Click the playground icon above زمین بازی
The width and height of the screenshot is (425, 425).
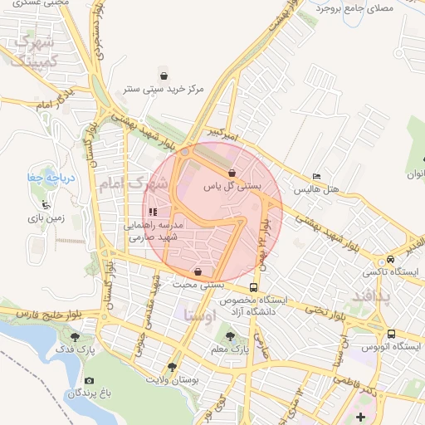pyautogui.click(x=45, y=205)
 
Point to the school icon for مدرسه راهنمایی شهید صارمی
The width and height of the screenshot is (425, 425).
pyautogui.click(x=152, y=212)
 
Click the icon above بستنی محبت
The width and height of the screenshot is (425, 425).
pyautogui.click(x=197, y=271)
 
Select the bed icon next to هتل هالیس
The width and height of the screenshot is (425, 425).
pyautogui.click(x=315, y=177)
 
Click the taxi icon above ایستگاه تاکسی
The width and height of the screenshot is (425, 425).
pyautogui.click(x=391, y=259)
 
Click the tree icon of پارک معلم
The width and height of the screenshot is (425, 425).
pyautogui.click(x=230, y=336)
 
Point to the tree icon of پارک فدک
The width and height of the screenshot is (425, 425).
pyautogui.click(x=76, y=338)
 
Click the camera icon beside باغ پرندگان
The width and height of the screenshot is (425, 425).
pyautogui.click(x=89, y=380)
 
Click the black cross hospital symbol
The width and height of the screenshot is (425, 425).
pyautogui.click(x=359, y=416)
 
